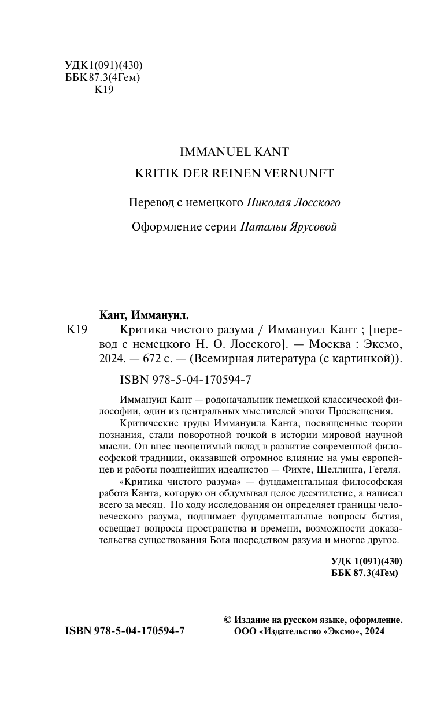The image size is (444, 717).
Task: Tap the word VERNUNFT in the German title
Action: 301,174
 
